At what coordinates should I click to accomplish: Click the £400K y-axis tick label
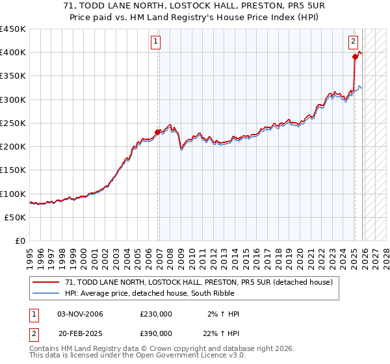[x=13, y=53]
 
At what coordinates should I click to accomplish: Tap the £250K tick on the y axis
[x=13, y=123]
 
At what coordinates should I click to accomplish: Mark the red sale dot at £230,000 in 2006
[x=157, y=133]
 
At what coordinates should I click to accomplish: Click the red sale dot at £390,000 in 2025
[x=355, y=57]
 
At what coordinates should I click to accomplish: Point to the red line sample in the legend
[x=46, y=282]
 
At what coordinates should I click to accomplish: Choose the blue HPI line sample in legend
[x=46, y=294]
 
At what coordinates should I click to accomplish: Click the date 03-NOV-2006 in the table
[x=81, y=314]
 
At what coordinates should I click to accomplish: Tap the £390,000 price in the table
[x=156, y=333]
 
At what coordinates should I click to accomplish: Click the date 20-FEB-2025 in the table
[x=81, y=333]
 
